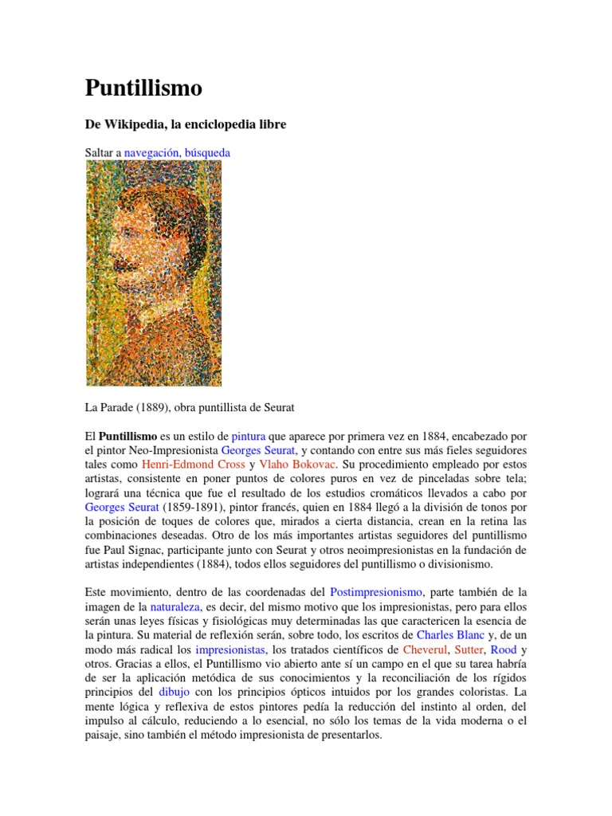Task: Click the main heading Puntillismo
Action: click(x=143, y=88)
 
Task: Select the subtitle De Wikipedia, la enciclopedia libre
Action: click(x=185, y=125)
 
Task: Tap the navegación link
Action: click(x=151, y=151)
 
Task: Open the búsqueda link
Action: click(x=207, y=151)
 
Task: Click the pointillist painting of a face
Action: click(x=153, y=273)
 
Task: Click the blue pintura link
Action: click(x=249, y=437)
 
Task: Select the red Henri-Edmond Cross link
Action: click(x=194, y=464)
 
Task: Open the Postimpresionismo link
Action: click(x=376, y=592)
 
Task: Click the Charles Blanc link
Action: click(x=450, y=635)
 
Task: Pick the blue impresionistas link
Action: click(x=229, y=649)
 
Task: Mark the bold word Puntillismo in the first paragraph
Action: click(x=127, y=437)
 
